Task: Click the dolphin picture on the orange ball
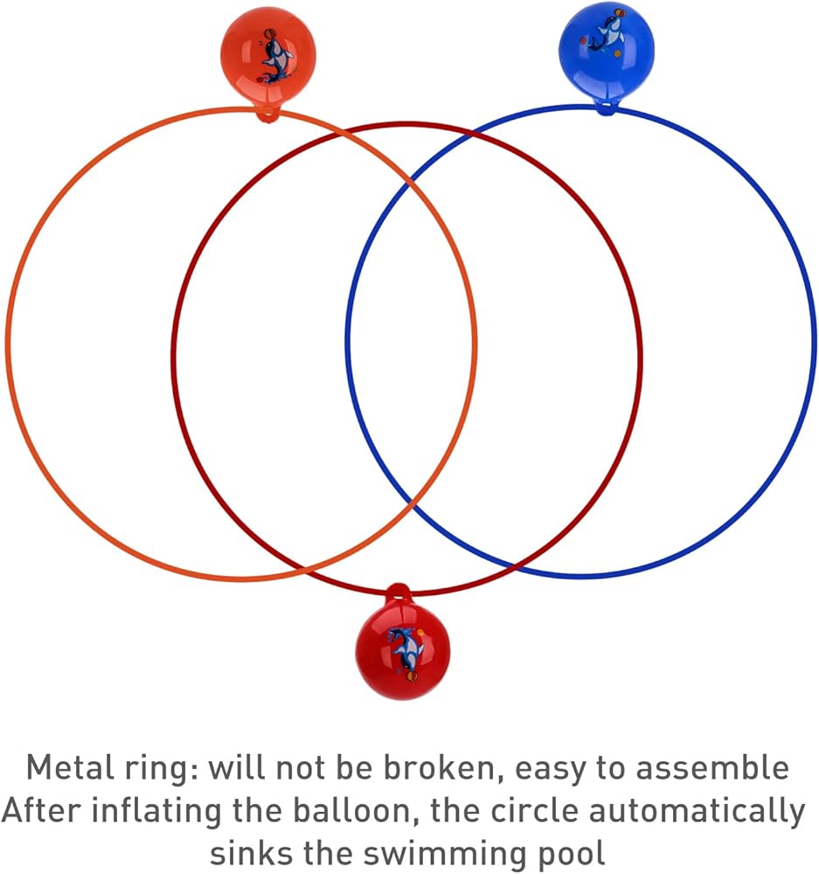point(275,57)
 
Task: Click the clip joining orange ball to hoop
point(267,114)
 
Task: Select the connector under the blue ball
point(605,107)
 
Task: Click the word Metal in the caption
point(68,767)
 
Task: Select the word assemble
point(713,767)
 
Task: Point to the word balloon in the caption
point(357,810)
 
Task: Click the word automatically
point(698,812)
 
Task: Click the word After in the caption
point(42,810)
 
